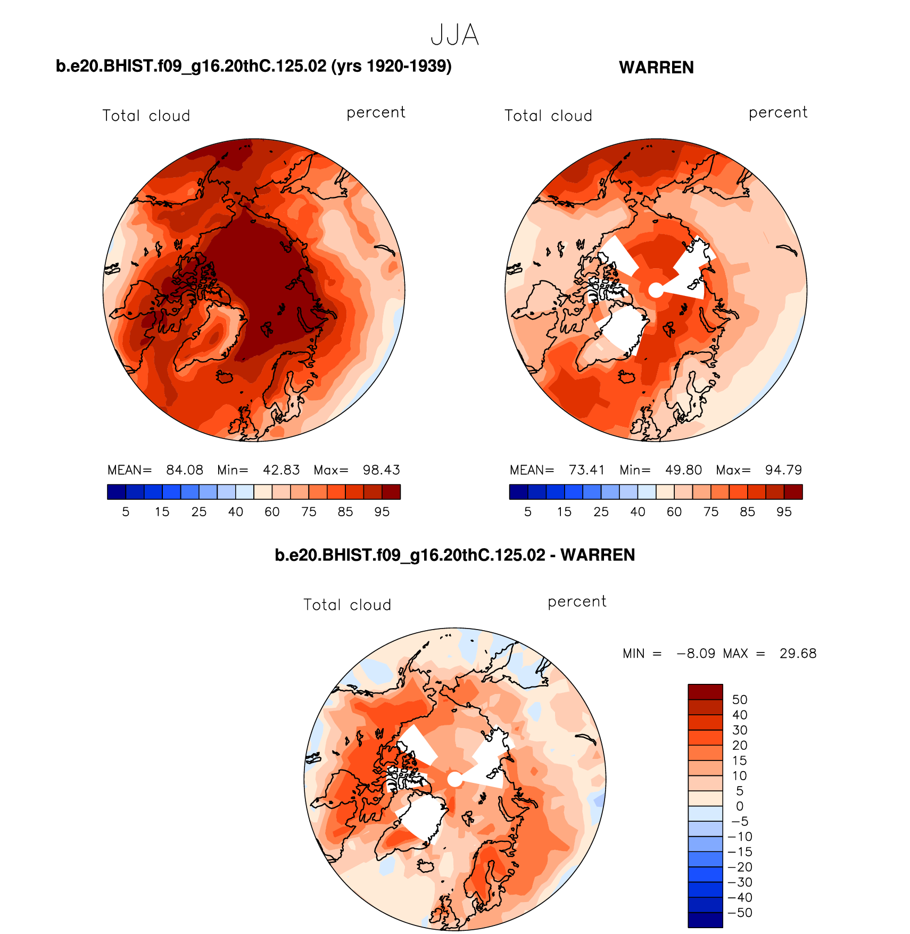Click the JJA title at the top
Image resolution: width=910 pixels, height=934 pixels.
tap(454, 35)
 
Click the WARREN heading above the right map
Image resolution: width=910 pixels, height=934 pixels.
tap(656, 68)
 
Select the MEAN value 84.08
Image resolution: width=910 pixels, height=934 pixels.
tap(185, 470)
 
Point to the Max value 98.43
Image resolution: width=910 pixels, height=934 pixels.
tap(381, 470)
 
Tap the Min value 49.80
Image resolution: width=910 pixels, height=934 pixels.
tap(683, 470)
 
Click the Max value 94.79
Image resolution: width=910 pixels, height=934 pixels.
tap(783, 470)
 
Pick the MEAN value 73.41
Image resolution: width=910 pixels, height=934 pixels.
tap(586, 470)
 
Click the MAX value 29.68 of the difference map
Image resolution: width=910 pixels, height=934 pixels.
tap(798, 654)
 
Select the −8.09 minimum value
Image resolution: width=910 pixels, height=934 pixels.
tap(696, 654)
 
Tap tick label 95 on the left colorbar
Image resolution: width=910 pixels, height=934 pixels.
tap(382, 512)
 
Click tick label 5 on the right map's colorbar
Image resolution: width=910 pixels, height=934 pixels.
tap(528, 512)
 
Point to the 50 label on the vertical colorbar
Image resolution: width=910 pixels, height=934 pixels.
tap(740, 699)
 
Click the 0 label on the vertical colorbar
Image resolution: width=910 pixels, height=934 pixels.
tap(740, 806)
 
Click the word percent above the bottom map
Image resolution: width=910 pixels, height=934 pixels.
tap(577, 602)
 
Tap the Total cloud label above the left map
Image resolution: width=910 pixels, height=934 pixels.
tap(146, 116)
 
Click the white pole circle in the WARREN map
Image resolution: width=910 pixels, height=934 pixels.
tap(656, 290)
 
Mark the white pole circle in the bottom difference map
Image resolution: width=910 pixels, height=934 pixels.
tap(455, 779)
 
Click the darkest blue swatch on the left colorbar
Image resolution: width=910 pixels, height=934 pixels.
tap(116, 492)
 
